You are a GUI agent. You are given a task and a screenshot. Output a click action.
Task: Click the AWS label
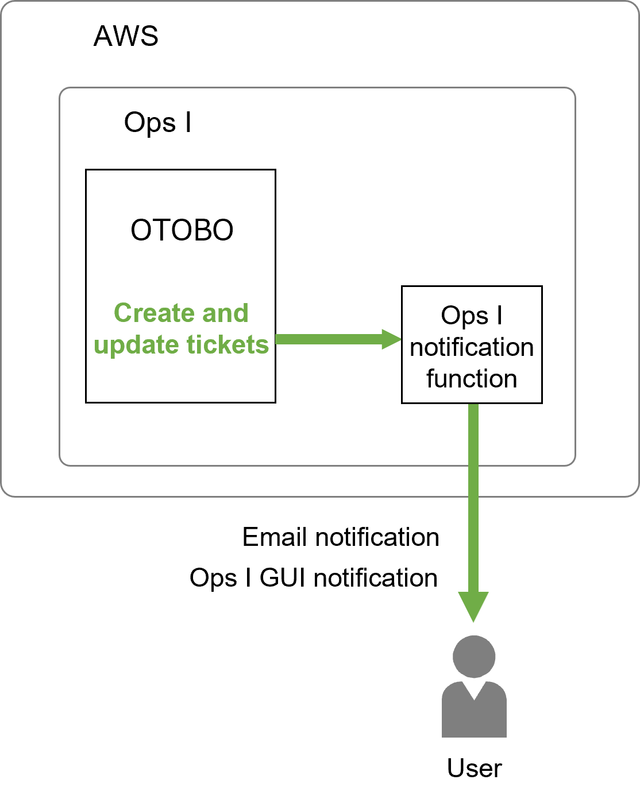[126, 36]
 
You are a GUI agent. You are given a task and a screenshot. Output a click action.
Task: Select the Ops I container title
[157, 123]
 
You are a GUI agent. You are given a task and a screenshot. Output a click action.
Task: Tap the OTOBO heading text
[182, 230]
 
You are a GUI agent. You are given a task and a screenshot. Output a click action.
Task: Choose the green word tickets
[228, 344]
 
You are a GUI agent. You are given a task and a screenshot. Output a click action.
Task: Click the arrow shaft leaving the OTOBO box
[327, 339]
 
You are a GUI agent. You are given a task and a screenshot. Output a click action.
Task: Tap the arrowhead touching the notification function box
[392, 339]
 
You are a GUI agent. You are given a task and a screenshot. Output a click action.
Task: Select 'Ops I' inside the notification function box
[472, 315]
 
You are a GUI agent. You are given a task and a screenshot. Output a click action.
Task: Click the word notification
[472, 347]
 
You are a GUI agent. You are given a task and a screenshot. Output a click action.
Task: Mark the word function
[472, 379]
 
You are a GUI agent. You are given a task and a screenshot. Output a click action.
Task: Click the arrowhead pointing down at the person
[473, 606]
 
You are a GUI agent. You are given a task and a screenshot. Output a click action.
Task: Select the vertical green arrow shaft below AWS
[473, 545]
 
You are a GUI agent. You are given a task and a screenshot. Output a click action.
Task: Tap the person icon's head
[474, 656]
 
